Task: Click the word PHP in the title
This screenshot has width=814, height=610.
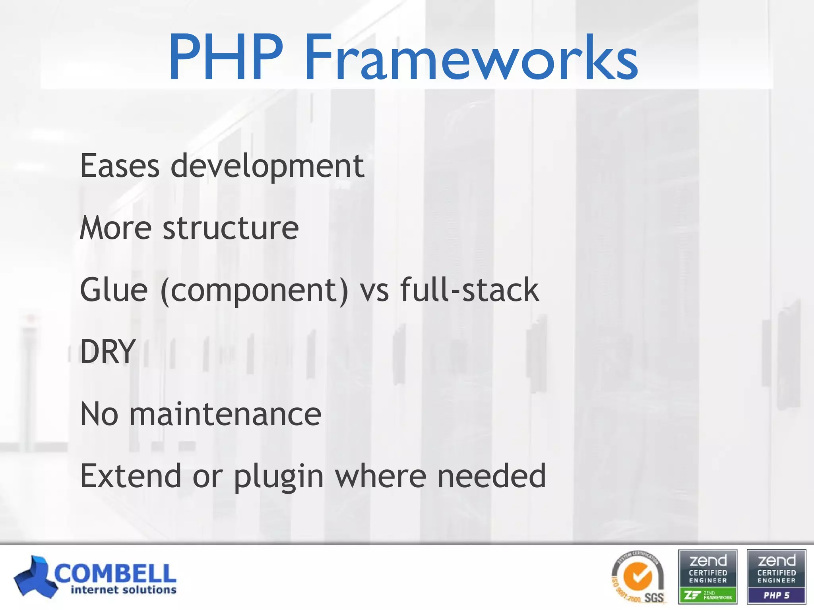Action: click(226, 58)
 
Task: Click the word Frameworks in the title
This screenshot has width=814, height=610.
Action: click(471, 58)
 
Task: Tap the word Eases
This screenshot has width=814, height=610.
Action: click(120, 166)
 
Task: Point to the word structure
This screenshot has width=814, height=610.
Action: click(231, 228)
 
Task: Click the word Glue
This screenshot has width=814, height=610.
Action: click(114, 290)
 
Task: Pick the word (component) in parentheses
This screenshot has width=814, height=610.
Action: click(254, 291)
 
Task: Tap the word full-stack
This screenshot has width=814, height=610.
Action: click(469, 290)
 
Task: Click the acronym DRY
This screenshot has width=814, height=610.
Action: click(108, 351)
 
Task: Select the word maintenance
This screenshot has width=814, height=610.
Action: click(225, 414)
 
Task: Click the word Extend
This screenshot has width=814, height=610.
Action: click(130, 476)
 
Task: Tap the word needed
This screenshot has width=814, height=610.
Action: click(492, 476)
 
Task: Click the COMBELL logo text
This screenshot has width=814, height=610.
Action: click(115, 573)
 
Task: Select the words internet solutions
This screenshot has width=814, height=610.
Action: click(123, 590)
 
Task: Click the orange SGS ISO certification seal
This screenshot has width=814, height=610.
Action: click(638, 577)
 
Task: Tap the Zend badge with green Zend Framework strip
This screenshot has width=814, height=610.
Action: click(708, 577)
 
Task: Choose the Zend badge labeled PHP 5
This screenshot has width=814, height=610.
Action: click(776, 577)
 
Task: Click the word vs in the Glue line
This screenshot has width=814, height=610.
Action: click(374, 291)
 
